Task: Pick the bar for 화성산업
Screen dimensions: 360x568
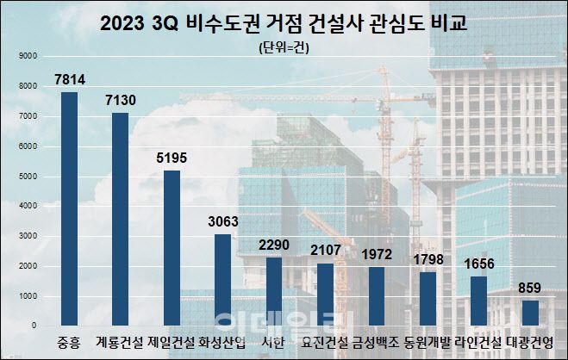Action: [x=222, y=280]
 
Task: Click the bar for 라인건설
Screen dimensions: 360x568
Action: [x=478, y=301]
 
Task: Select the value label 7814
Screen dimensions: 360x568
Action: [x=70, y=79]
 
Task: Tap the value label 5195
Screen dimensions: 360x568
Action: [x=172, y=158]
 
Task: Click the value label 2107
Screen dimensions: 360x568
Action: [x=326, y=251]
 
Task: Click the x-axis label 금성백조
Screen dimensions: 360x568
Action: [x=377, y=342]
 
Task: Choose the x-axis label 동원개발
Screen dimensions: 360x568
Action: [x=428, y=342]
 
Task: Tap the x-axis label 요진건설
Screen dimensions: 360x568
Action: [x=325, y=342]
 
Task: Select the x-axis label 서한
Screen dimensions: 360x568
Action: [x=273, y=342]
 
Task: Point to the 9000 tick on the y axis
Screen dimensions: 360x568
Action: [x=27, y=56]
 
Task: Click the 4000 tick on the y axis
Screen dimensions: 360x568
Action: [x=27, y=206]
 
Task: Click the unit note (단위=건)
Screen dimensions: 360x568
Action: [x=284, y=47]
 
